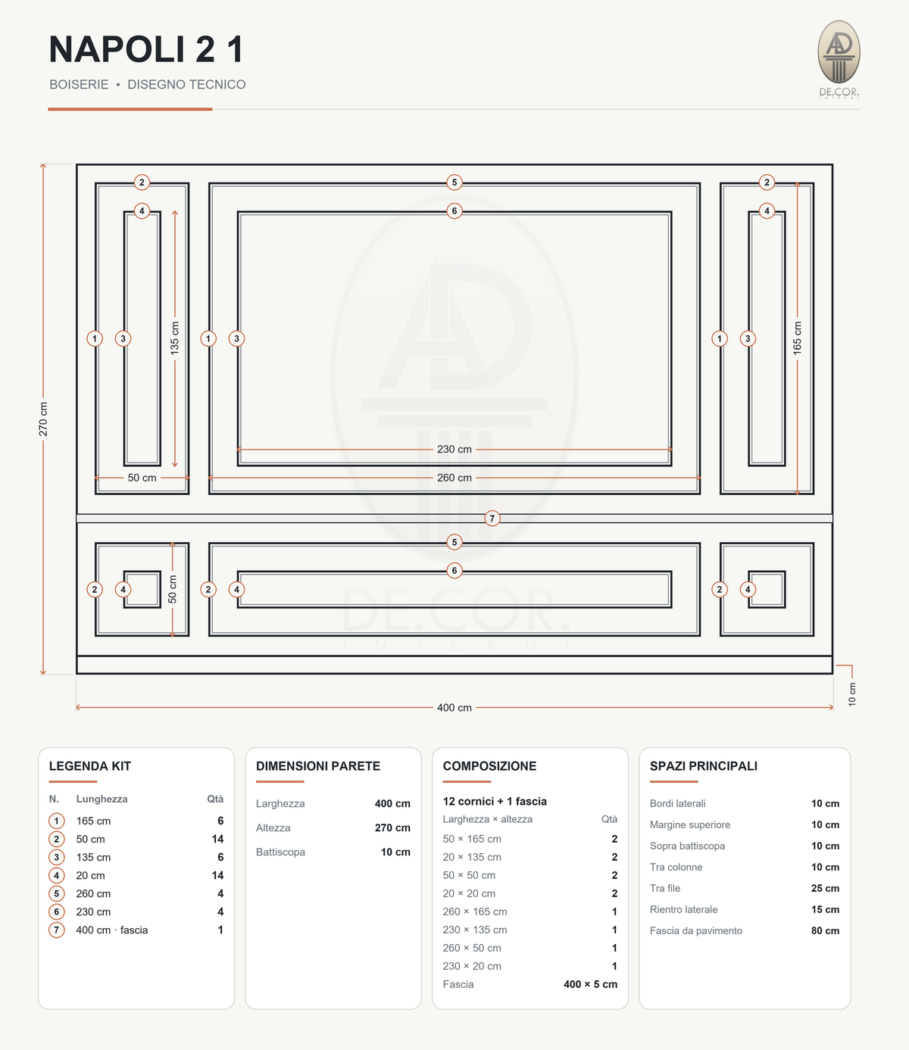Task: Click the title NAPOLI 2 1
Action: (x=146, y=49)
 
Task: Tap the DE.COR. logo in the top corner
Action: (x=839, y=59)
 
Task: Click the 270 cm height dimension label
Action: (x=43, y=419)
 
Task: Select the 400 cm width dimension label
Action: (x=454, y=708)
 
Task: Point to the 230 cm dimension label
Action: (x=454, y=449)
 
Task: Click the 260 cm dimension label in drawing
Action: (x=454, y=478)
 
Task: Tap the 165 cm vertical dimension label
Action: (x=797, y=338)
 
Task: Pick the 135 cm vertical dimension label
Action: (x=175, y=338)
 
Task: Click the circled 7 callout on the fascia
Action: (x=492, y=518)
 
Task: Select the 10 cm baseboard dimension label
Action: (x=852, y=694)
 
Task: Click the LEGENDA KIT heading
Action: (x=90, y=766)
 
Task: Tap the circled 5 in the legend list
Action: (x=56, y=893)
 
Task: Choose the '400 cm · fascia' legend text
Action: (x=112, y=930)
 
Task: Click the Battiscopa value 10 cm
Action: (x=395, y=852)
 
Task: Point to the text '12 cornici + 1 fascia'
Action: (x=495, y=801)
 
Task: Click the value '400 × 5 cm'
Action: (x=590, y=984)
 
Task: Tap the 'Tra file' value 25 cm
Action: (x=825, y=889)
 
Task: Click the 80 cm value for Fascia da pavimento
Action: (x=825, y=930)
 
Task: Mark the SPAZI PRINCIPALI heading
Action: (x=704, y=766)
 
